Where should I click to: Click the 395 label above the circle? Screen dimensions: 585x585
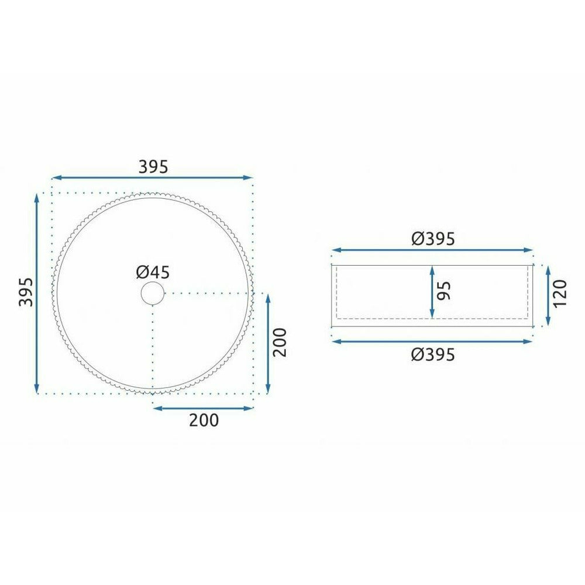coord(153,167)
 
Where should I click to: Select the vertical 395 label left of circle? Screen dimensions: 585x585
coord(26,292)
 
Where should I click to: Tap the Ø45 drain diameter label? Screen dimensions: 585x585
coord(153,273)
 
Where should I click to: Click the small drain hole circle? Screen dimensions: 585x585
coord(153,293)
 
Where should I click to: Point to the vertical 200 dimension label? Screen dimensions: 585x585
coord(280,342)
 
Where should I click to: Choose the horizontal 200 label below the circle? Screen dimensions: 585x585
coord(204,420)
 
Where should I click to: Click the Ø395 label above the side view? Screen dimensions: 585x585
coord(433,239)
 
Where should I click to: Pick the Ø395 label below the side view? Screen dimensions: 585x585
coord(433,355)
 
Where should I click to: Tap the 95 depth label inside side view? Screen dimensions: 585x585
coord(444,291)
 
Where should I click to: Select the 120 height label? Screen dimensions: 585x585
coord(560,294)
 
